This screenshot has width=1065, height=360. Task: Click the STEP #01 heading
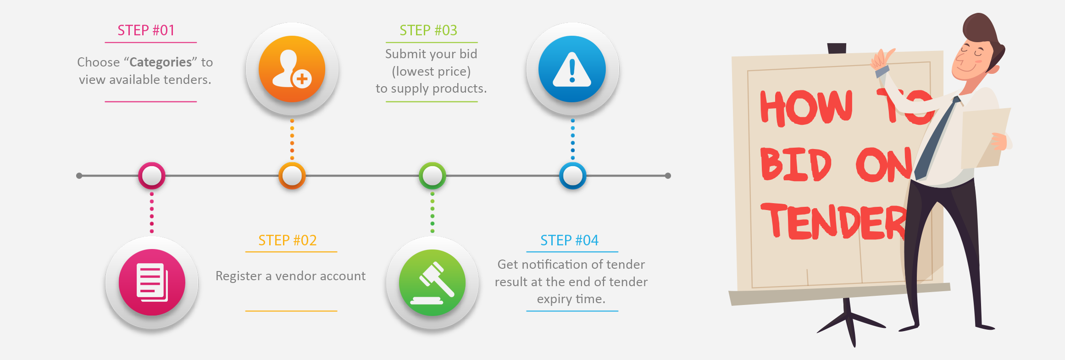[x=146, y=30]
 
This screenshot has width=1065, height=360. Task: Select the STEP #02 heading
[x=288, y=240]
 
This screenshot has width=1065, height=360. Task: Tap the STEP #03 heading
[x=428, y=30]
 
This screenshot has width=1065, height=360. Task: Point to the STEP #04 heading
[x=569, y=240]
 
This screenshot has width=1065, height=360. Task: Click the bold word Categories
[x=161, y=62]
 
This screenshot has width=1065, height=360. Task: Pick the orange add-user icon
[x=292, y=69]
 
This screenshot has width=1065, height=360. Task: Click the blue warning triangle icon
[x=572, y=69]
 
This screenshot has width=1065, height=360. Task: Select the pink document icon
[x=152, y=282]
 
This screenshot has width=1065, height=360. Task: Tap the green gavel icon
[x=432, y=282]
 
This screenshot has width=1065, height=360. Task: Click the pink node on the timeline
[x=152, y=176]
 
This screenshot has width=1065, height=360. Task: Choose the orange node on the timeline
[x=292, y=176]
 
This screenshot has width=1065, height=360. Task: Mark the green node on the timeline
[x=432, y=176]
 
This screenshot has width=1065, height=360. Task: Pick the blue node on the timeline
[x=572, y=176]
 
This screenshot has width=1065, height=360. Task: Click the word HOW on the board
[x=806, y=108]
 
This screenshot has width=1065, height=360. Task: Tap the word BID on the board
[x=795, y=164]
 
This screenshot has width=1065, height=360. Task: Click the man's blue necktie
[x=936, y=138]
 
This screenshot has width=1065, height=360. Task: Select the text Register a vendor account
[x=290, y=276]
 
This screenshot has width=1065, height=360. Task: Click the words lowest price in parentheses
[x=431, y=72]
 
